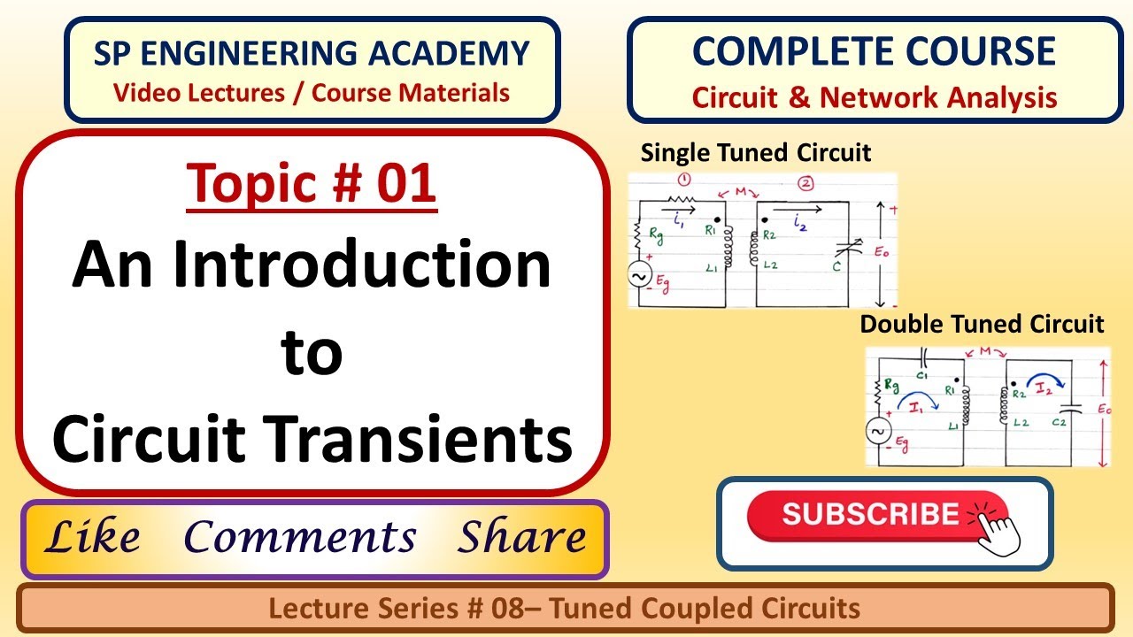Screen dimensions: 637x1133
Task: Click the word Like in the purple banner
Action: [x=92, y=537]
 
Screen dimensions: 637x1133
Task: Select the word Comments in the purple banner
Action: [x=300, y=537]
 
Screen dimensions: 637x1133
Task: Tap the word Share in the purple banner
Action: [x=521, y=537]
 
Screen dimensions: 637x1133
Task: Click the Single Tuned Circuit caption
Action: [x=756, y=152]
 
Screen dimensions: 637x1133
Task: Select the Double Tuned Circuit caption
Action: [x=982, y=324]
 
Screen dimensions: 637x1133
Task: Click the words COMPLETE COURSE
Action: [x=874, y=52]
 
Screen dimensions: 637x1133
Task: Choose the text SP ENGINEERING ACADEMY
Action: [x=312, y=55]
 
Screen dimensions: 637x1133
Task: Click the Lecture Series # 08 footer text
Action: [x=565, y=608]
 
